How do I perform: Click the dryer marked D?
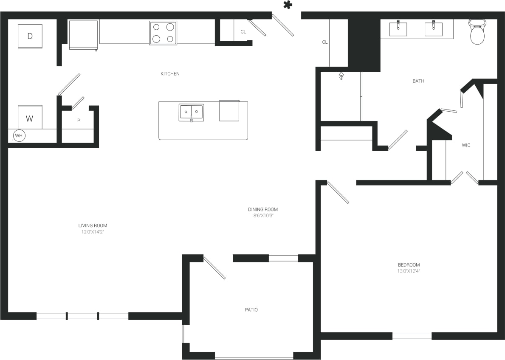click(x=30, y=36)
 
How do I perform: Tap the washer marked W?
click(x=30, y=118)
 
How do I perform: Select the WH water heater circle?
click(x=19, y=136)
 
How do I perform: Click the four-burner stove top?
click(x=163, y=33)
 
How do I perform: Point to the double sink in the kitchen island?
click(x=191, y=112)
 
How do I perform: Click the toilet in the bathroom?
click(x=477, y=32)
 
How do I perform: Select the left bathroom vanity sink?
click(x=398, y=28)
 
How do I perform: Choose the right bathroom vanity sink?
click(x=433, y=28)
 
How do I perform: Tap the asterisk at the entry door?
click(x=288, y=5)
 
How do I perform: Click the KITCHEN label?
click(x=170, y=74)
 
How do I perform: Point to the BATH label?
click(x=418, y=81)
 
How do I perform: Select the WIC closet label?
click(x=466, y=145)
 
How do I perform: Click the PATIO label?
click(x=251, y=310)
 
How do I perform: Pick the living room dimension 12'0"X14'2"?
click(x=93, y=232)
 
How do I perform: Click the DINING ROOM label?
click(x=263, y=209)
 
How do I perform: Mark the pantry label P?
click(x=79, y=121)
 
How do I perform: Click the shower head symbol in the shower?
click(x=341, y=76)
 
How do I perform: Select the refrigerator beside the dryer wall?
click(x=84, y=35)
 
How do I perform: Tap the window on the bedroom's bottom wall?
click(x=412, y=336)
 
